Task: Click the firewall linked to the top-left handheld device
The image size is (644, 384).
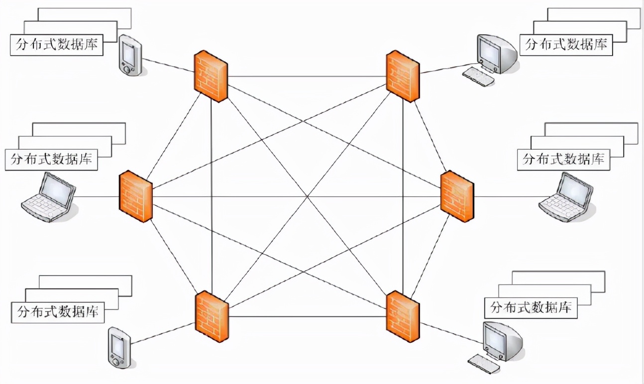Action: coord(211,76)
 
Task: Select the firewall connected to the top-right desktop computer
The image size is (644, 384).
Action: coord(403,76)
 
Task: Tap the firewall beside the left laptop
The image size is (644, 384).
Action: coord(135,196)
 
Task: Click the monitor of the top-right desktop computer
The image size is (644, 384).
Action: coord(490,51)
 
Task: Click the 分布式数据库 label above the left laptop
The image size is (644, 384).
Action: coord(51,160)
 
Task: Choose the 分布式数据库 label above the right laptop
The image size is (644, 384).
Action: coord(563,160)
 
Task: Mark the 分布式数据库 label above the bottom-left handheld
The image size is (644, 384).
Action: coord(58,312)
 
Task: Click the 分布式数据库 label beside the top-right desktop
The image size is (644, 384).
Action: coord(566,44)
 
